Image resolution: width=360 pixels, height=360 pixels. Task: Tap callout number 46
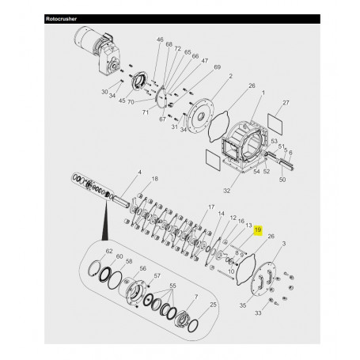coord(160,40)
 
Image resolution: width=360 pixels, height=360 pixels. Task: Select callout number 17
coord(211,207)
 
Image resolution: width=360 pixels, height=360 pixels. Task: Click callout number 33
coord(278,313)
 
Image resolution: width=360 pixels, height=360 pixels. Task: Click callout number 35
coord(243,303)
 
